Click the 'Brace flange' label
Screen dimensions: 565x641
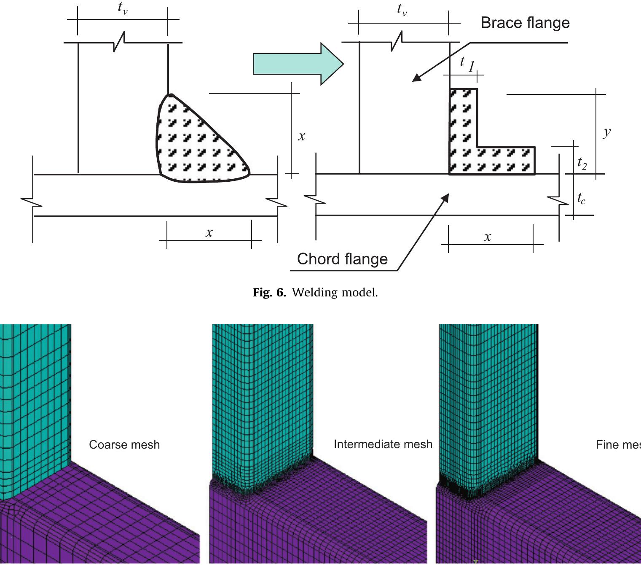pos(525,23)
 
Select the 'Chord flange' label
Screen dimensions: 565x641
pos(342,259)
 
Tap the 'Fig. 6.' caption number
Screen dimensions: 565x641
pos(269,292)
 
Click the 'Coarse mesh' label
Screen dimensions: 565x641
pos(124,444)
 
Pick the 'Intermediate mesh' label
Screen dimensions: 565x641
pos(383,444)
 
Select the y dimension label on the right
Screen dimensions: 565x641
pos(606,132)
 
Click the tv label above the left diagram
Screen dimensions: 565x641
pos(122,8)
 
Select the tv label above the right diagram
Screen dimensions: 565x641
pos(402,9)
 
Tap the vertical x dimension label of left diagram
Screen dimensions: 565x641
pos(301,136)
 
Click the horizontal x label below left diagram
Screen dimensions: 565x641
pos(209,232)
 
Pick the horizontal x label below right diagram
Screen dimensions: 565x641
pos(487,237)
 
